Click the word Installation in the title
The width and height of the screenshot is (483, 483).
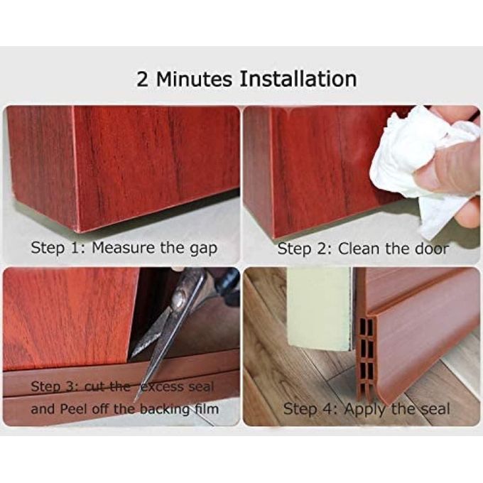click(298, 79)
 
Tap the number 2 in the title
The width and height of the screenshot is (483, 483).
click(142, 79)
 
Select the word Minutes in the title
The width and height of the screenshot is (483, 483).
click(194, 79)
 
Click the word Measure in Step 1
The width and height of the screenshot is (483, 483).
click(123, 247)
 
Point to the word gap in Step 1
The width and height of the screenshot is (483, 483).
click(203, 249)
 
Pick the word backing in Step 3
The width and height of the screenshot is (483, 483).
click(165, 410)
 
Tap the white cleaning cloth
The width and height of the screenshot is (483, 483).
click(419, 166)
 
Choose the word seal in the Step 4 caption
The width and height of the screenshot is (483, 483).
click(436, 409)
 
